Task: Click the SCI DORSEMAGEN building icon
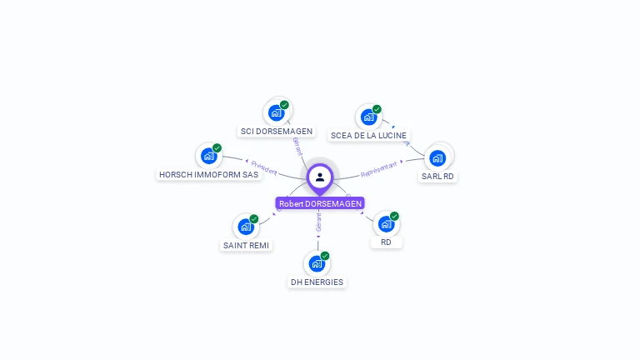277,112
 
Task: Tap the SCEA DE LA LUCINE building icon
368,117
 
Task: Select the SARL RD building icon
437,157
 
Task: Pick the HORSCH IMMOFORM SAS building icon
208,156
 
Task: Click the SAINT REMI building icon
245,227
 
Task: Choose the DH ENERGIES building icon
317,264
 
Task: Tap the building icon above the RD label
386,223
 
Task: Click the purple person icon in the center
320,177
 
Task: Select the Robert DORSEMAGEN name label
320,203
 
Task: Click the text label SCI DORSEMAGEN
277,132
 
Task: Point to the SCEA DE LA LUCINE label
368,135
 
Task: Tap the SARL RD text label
438,177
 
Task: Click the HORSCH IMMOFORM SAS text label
208,175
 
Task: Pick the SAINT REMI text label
247,246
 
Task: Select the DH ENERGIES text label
317,282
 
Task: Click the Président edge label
263,167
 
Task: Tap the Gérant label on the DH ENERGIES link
318,222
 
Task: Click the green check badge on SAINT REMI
254,219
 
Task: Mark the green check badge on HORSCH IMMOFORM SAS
217,148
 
